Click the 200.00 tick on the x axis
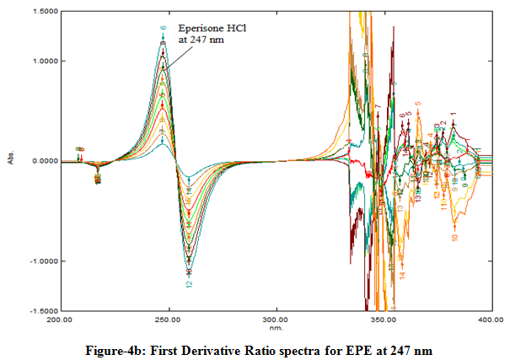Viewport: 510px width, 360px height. coord(59,320)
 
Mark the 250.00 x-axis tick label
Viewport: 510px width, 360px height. coord(169,320)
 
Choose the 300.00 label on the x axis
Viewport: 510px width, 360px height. coord(276,320)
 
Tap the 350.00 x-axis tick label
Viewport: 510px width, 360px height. coord(384,320)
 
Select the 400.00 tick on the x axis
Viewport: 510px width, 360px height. coord(491,320)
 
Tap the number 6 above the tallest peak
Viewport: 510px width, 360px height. coord(164,28)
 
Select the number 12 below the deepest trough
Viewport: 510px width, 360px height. coord(190,284)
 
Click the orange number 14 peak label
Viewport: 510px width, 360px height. coord(402,275)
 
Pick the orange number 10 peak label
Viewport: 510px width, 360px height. coord(454,238)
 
